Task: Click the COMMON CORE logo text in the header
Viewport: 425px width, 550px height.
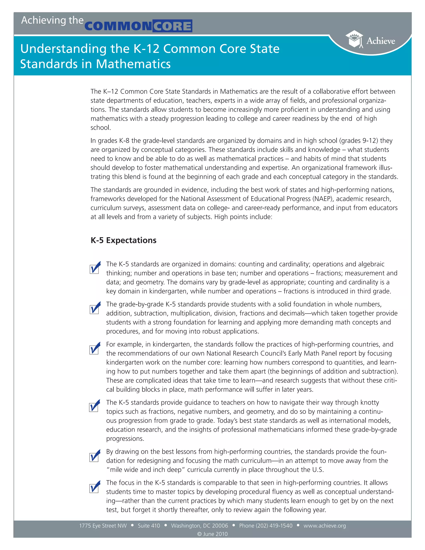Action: [x=138, y=26]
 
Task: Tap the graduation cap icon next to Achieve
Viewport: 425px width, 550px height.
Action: [x=354, y=39]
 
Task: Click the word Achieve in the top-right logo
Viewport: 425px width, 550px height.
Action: [x=380, y=41]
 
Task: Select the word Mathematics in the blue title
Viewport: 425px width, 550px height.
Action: [x=133, y=64]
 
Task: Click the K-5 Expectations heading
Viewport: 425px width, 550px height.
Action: [x=123, y=240]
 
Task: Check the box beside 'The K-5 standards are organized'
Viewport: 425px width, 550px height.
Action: [x=94, y=269]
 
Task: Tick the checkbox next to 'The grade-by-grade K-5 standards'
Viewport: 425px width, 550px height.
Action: [x=94, y=309]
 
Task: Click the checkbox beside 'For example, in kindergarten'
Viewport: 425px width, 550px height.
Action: [x=94, y=349]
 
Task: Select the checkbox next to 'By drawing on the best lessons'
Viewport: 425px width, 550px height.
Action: [x=94, y=457]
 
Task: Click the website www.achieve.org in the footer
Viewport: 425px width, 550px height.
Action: [x=325, y=526]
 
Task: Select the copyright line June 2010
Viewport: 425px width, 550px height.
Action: [x=212, y=534]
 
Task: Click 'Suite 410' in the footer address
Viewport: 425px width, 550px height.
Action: [x=149, y=526]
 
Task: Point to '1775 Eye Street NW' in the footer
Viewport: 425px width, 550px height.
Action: [x=103, y=526]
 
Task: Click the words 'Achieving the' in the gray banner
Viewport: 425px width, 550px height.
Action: [x=52, y=20]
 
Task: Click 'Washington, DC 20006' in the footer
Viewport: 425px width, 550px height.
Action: [x=199, y=526]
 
